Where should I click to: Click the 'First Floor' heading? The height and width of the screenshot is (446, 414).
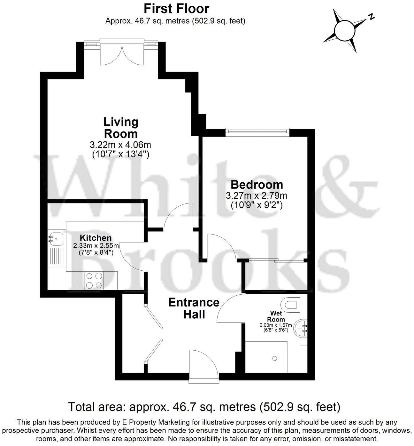[176, 8]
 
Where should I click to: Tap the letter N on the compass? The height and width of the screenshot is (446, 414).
[371, 17]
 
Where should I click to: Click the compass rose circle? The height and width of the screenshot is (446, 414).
[345, 31]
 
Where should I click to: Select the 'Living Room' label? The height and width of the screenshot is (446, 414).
[121, 127]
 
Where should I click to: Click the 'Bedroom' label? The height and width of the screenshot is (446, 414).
[257, 185]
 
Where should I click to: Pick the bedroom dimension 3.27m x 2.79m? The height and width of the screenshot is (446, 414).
[257, 195]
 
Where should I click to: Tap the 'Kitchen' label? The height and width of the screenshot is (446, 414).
[96, 238]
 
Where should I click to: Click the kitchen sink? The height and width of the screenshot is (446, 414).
[56, 238]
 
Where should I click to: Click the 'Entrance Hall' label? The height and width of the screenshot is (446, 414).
[194, 308]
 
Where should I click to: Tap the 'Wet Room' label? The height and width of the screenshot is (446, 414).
[276, 316]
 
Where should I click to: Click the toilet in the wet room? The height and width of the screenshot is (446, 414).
[291, 304]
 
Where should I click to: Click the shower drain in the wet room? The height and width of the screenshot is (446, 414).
[274, 359]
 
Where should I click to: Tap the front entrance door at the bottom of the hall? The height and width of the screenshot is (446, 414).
[203, 365]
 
